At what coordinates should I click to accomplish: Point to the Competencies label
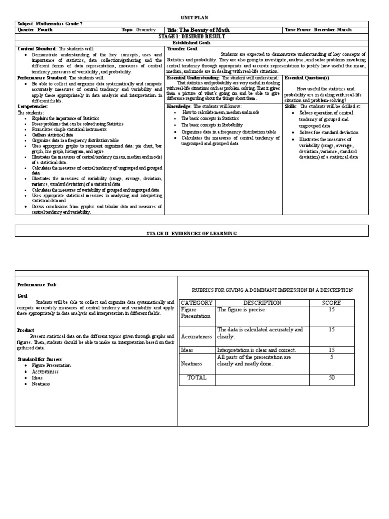click(x=32, y=106)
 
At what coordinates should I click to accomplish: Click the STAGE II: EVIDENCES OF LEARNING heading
click(x=191, y=233)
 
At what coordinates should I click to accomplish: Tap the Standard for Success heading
click(x=40, y=358)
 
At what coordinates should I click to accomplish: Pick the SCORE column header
click(x=332, y=303)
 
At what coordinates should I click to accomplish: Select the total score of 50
click(x=332, y=377)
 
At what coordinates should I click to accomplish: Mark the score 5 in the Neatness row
click(x=332, y=357)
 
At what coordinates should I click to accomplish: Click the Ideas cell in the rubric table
click(x=187, y=350)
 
